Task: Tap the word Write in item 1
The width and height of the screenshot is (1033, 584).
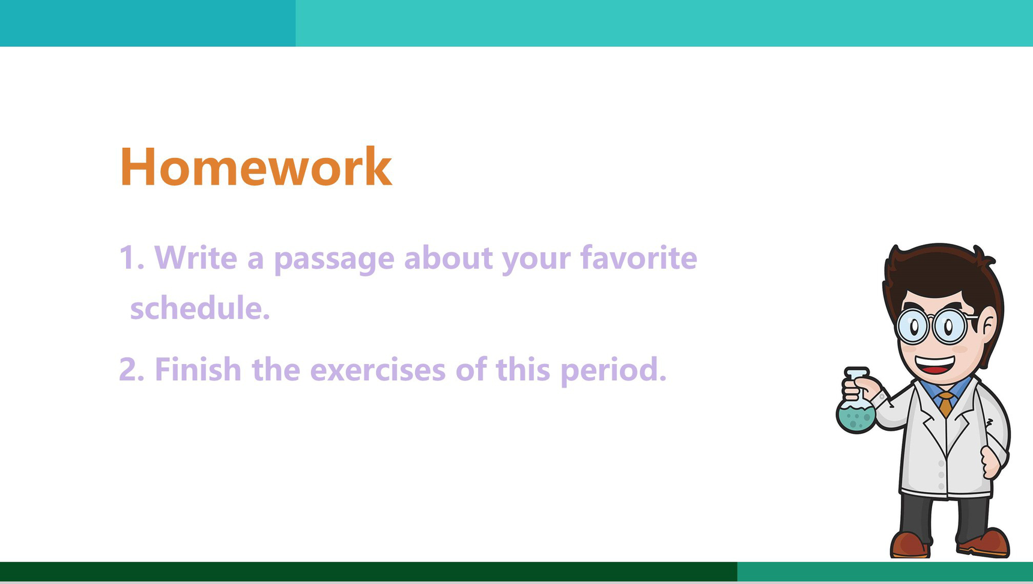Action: (196, 258)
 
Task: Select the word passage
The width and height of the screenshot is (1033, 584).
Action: (334, 260)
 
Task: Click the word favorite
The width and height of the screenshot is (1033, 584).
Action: (638, 257)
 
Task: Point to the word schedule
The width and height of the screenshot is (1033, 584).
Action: (200, 308)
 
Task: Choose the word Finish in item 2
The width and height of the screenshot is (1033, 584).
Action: (198, 369)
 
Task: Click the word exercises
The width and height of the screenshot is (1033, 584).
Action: (378, 369)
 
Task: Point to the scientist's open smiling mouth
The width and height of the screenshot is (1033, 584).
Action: (935, 365)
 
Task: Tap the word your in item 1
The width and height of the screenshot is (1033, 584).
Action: (536, 261)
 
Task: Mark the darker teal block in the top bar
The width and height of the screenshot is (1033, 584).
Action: (148, 23)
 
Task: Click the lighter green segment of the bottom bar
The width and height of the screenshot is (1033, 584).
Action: (885, 571)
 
